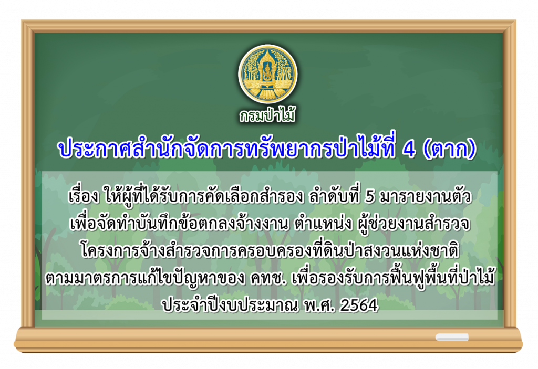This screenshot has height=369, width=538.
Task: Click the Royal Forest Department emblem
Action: (268, 74)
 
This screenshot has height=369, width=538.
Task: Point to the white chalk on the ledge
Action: (452, 337)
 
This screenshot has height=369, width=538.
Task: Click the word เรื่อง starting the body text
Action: (84, 196)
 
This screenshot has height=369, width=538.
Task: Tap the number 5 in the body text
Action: (369, 196)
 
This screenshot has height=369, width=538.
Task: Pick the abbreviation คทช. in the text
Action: (268, 278)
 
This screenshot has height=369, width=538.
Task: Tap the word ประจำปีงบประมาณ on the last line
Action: (230, 305)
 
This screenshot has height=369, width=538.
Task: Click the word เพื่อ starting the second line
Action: (84, 224)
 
